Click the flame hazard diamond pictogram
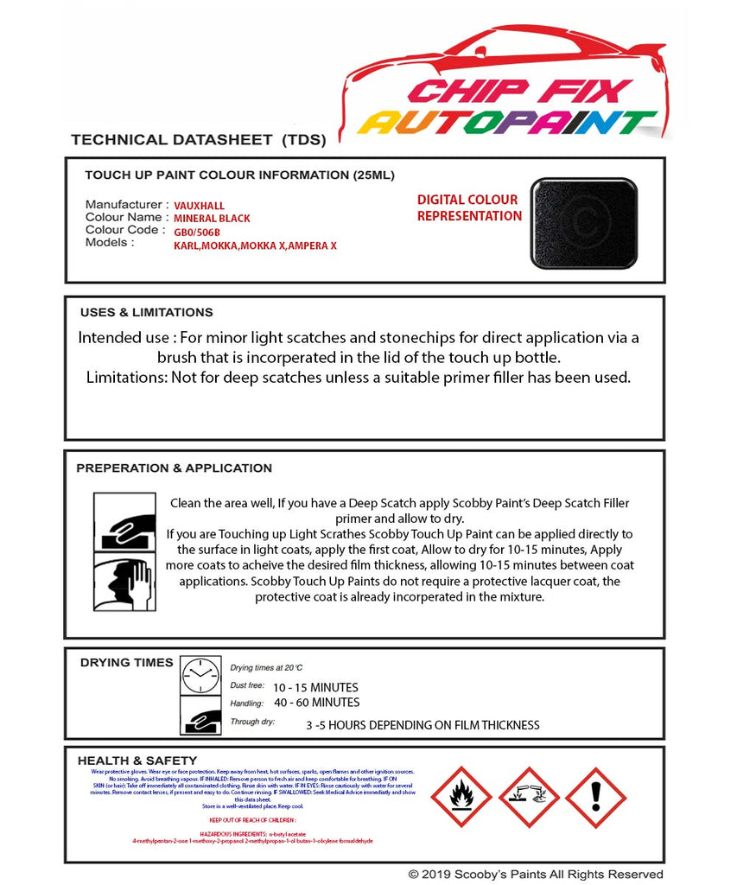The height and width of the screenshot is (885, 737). point(461,798)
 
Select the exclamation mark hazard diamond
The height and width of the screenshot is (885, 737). point(595,798)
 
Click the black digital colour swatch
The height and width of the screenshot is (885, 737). point(584,223)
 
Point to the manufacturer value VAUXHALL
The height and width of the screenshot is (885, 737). point(199,206)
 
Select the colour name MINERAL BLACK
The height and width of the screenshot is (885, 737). point(212,219)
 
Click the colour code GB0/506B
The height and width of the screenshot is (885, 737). point(197,232)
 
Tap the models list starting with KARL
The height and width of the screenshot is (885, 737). point(255,245)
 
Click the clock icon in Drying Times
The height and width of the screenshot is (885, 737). point(200,675)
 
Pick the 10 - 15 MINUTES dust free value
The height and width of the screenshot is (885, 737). point(314,688)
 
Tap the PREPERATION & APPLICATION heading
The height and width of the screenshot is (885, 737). point(174,468)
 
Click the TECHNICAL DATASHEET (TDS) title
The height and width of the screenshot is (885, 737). point(198,139)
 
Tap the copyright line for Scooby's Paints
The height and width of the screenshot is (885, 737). point(536,875)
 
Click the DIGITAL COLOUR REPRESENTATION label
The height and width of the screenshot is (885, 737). point(468,207)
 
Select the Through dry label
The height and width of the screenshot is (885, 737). point(252,721)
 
